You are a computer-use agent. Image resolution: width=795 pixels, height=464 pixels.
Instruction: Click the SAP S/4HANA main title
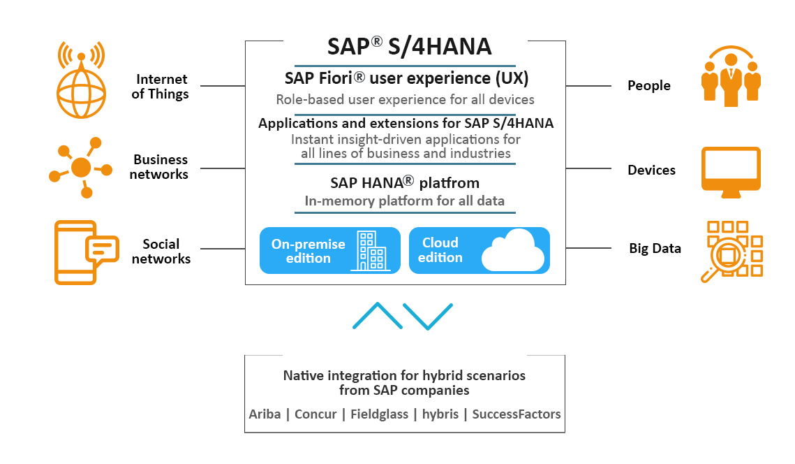point(409,47)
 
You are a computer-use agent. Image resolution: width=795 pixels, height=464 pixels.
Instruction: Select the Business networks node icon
point(81,167)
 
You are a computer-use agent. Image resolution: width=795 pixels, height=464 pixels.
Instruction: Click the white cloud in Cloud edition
point(512,252)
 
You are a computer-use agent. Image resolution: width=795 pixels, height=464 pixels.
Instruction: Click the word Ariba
point(265,414)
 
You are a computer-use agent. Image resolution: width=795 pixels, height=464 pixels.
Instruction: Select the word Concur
point(315,414)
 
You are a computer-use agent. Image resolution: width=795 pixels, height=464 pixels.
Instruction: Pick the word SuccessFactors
point(516,414)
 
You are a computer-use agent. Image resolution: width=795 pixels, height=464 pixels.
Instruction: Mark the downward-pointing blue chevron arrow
point(428,317)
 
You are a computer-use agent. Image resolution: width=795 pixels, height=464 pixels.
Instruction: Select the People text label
point(648,86)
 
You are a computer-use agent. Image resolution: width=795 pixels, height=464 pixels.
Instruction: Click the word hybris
point(440,414)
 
